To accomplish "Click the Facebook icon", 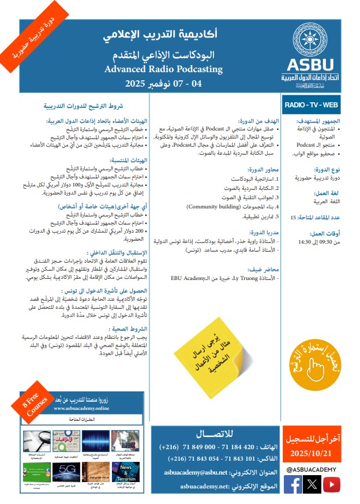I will [292, 484].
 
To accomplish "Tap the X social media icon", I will [312, 484].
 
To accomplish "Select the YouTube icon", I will [331, 484].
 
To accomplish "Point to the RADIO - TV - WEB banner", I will [311, 104].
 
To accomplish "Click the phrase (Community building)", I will [216, 206].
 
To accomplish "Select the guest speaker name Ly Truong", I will [225, 278].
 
